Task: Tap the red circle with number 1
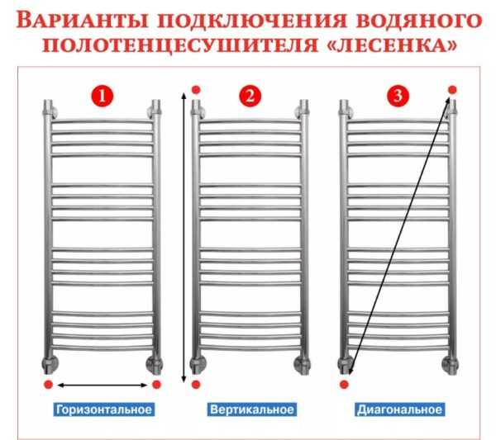point(103,97)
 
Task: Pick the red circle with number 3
point(398,97)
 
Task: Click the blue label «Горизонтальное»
point(103,409)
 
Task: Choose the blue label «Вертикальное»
point(250,409)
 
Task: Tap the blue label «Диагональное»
point(399,409)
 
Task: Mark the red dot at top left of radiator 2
point(196,88)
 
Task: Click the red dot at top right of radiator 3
point(452,88)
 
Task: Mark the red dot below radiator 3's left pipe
point(344,385)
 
